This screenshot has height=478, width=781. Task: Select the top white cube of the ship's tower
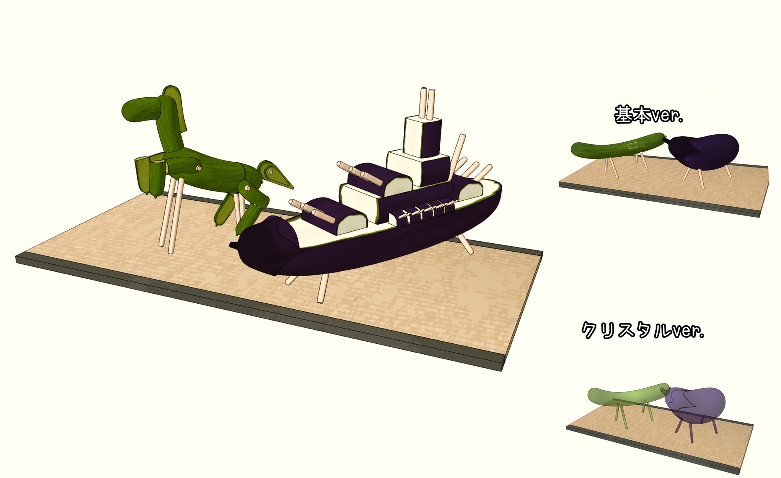click(x=423, y=136)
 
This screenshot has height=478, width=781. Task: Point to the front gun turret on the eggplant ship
click(x=334, y=216)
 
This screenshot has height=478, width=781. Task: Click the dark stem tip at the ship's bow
click(x=233, y=244)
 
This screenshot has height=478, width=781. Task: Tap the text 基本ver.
click(x=648, y=115)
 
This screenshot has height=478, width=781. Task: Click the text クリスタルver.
click(x=642, y=331)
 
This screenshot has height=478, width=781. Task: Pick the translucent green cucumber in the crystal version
click(x=627, y=394)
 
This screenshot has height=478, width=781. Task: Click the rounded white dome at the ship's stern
click(x=471, y=191)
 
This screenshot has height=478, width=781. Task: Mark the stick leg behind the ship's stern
click(x=466, y=244)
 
